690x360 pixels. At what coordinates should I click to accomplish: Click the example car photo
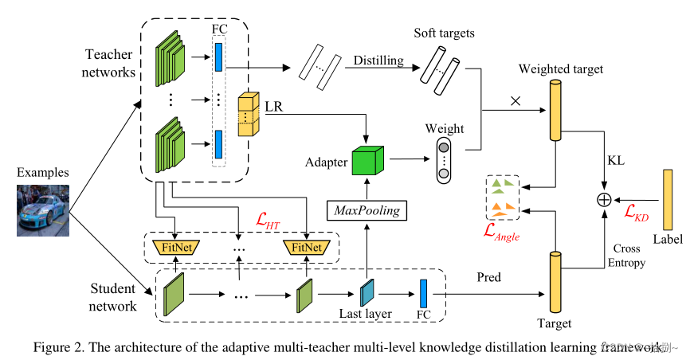41,209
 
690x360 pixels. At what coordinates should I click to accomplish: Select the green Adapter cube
367,162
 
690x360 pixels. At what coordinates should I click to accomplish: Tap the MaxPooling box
366,210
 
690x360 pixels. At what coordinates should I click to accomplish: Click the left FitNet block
174,247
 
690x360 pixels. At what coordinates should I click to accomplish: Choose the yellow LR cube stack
249,115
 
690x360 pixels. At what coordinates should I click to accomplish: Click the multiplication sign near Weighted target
515,102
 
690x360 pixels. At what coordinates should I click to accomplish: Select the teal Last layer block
366,293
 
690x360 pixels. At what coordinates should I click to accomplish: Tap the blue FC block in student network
423,292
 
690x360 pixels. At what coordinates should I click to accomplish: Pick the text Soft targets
444,33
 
